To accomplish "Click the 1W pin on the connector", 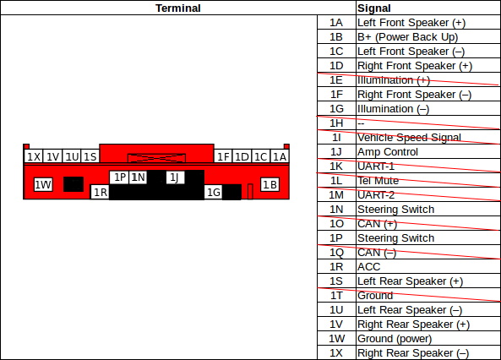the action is pyautogui.click(x=43, y=184).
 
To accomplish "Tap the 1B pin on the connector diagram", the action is pyautogui.click(x=270, y=184).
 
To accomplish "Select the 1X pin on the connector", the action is pyautogui.click(x=34, y=156).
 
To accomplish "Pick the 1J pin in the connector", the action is pyautogui.click(x=176, y=177).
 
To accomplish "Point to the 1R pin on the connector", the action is pyautogui.click(x=100, y=192).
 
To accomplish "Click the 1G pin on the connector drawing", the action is pyautogui.click(x=213, y=192).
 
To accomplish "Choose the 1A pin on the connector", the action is pyautogui.click(x=280, y=156).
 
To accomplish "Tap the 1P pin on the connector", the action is pyautogui.click(x=119, y=177).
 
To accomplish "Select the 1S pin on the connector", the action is pyautogui.click(x=90, y=156).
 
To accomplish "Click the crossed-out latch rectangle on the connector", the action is pyautogui.click(x=156, y=158).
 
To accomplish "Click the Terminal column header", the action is pyautogui.click(x=178, y=8).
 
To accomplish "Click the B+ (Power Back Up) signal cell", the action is pyautogui.click(x=408, y=37).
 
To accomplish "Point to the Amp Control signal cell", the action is pyautogui.click(x=388, y=152).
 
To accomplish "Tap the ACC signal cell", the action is pyautogui.click(x=369, y=267).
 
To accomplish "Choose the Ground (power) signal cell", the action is pyautogui.click(x=395, y=339).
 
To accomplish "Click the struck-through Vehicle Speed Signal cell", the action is pyautogui.click(x=409, y=138).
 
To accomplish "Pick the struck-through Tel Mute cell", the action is pyautogui.click(x=378, y=181).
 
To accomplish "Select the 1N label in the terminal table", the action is pyautogui.click(x=336, y=210).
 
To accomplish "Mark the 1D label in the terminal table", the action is pyautogui.click(x=336, y=66).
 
